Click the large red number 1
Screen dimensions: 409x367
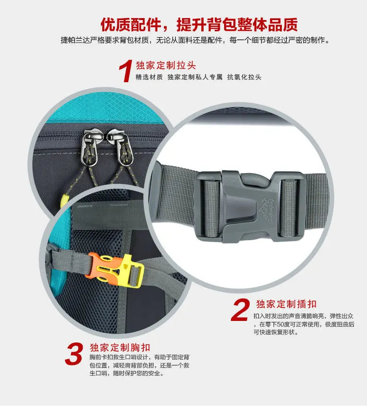126,71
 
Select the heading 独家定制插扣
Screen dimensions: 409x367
286,304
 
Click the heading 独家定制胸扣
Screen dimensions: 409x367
120,347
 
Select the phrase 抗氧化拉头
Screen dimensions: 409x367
244,77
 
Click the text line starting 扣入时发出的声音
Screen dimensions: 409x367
304,316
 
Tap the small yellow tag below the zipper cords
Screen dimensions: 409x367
64,200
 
